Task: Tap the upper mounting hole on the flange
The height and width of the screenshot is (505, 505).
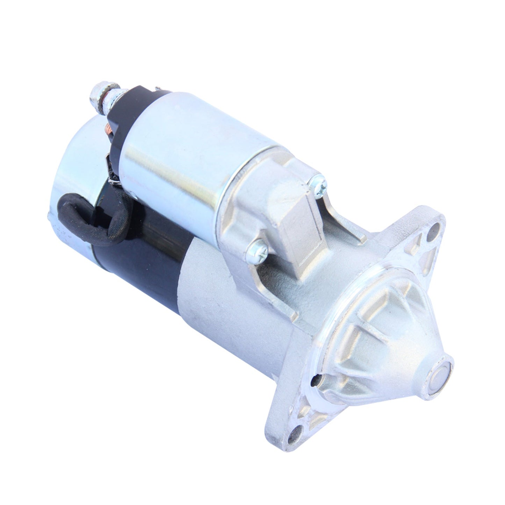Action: (434, 229)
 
